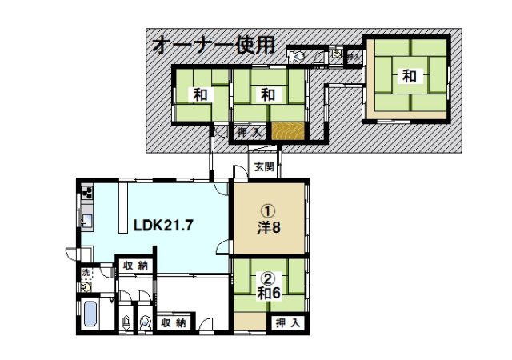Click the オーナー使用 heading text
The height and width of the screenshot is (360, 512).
point(213,45)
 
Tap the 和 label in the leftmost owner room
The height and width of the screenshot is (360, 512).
point(199,94)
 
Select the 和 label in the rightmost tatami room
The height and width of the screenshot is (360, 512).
point(409,77)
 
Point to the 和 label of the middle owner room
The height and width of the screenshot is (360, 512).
point(268,94)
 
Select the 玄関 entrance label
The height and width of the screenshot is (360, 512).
point(265,167)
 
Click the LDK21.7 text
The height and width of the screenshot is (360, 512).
point(163,225)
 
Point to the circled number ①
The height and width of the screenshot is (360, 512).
point(268,210)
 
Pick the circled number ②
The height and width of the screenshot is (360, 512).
point(268,278)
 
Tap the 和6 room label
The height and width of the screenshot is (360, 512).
point(268,293)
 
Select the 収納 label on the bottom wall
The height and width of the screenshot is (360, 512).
point(174,323)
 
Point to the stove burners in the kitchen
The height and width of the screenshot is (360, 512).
point(87,194)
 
